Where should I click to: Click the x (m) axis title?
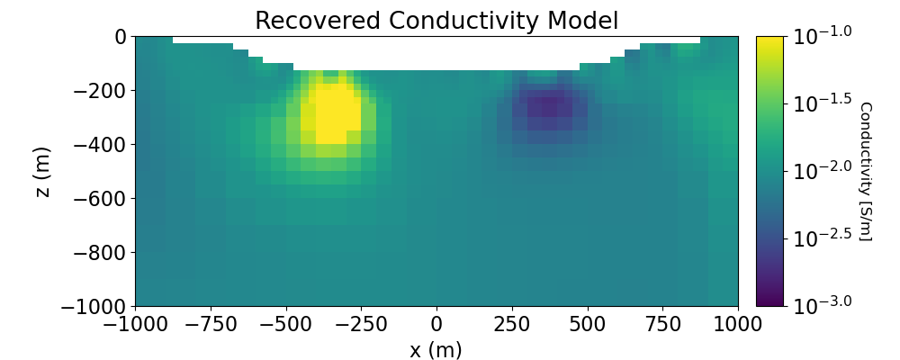(x=436, y=350)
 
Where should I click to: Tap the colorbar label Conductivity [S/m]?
(x=865, y=171)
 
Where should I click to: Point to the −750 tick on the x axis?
(x=211, y=323)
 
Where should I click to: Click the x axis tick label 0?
(x=436, y=323)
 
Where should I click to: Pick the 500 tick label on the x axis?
(x=588, y=323)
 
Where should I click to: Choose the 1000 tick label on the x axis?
(x=738, y=323)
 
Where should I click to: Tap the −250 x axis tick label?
(x=361, y=323)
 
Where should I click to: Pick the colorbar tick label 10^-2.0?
(x=821, y=171)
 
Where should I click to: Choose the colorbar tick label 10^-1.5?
(x=821, y=103)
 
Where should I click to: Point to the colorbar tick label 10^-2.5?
(x=821, y=238)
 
